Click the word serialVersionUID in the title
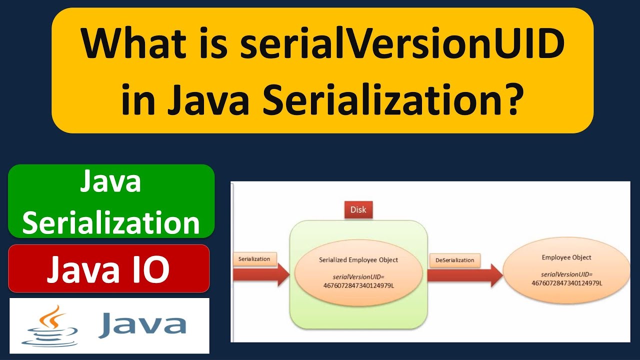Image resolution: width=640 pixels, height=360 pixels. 402,44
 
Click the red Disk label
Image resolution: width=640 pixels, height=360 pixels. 358,209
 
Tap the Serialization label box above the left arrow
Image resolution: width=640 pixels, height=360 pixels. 254,259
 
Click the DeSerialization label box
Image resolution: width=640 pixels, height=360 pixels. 454,260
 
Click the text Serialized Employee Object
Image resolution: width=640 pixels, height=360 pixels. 358,259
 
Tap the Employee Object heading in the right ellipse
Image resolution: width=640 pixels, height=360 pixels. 566,257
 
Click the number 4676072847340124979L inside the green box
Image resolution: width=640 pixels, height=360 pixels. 358,285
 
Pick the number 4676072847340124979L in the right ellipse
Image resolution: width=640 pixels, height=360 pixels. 566,283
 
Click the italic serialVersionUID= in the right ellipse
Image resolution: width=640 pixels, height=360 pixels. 566,274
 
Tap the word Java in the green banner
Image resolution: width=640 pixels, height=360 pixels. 111,182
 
